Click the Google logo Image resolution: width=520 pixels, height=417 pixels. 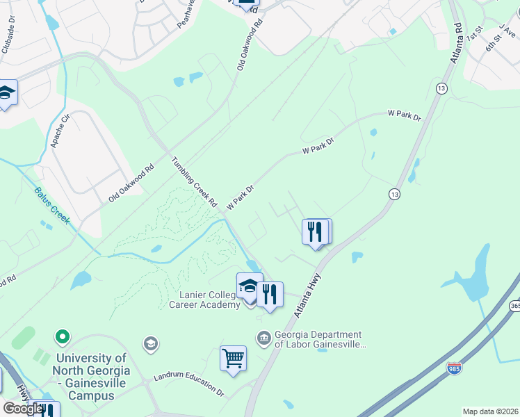coord(23,409)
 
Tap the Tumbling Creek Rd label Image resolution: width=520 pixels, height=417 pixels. coord(195,183)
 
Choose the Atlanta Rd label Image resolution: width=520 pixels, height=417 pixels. coord(457,44)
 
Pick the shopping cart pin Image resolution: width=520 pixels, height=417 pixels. coord(234,359)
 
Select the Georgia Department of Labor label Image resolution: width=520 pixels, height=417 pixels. coord(318,339)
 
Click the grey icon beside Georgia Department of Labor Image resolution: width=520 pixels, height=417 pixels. coord(264,338)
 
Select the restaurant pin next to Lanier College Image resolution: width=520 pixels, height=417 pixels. coord(270,294)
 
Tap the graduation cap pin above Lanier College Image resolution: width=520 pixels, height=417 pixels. coord(249,286)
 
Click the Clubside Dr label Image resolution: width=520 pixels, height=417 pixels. coord(11,26)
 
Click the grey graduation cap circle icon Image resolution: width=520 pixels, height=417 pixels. coord(150,343)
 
